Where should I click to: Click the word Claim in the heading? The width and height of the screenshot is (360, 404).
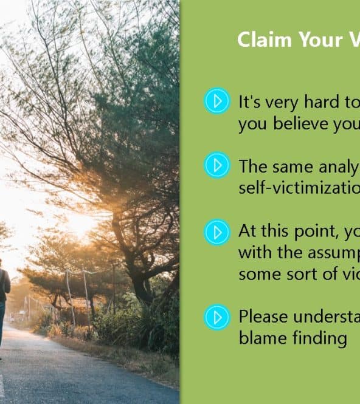click(264, 39)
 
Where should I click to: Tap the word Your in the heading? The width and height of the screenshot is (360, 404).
click(320, 40)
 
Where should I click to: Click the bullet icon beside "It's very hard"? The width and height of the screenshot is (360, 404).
click(217, 101)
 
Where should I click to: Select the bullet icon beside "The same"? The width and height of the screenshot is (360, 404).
click(217, 165)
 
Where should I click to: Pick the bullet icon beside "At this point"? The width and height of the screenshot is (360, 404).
click(217, 232)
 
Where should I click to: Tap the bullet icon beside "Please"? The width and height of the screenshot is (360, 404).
click(217, 317)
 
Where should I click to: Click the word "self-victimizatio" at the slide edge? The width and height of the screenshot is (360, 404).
click(299, 188)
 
